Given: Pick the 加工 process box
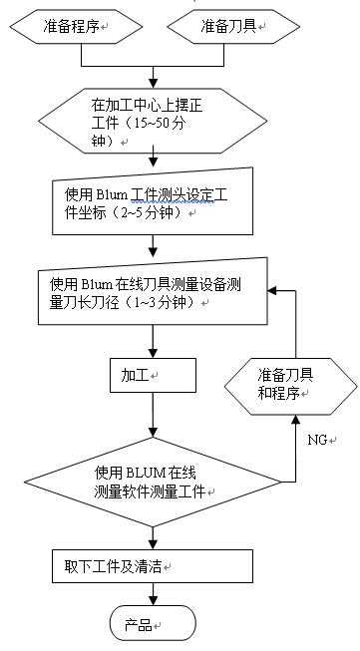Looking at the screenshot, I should [x=154, y=375].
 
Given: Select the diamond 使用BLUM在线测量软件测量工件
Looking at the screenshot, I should [x=154, y=483].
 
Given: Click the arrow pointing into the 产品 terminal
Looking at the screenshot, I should [x=153, y=600].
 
